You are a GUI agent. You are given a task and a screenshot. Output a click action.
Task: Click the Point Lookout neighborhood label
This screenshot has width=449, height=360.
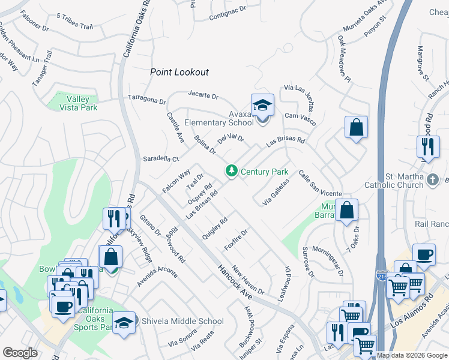pyautogui.click(x=179, y=72)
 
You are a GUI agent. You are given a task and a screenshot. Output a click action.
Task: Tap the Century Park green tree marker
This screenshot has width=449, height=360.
pyautogui.click(x=231, y=172)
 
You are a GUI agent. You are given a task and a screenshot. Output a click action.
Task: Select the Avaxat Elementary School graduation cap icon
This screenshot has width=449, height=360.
pyautogui.click(x=262, y=105)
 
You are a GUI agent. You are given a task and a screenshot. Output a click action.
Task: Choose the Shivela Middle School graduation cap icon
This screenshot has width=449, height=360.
pyautogui.click(x=124, y=320)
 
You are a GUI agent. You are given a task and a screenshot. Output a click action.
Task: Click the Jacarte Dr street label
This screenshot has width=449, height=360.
pyautogui.click(x=203, y=95)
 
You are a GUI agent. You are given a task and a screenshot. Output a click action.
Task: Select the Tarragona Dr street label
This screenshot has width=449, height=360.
pyautogui.click(x=146, y=98)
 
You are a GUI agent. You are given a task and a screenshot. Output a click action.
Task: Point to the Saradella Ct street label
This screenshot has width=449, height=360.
pyautogui.click(x=160, y=159)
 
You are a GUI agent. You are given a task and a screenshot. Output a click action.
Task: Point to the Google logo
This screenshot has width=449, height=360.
pyautogui.click(x=20, y=353)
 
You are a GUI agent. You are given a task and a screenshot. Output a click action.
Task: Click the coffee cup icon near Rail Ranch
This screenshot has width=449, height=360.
pyautogui.click(x=424, y=254)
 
